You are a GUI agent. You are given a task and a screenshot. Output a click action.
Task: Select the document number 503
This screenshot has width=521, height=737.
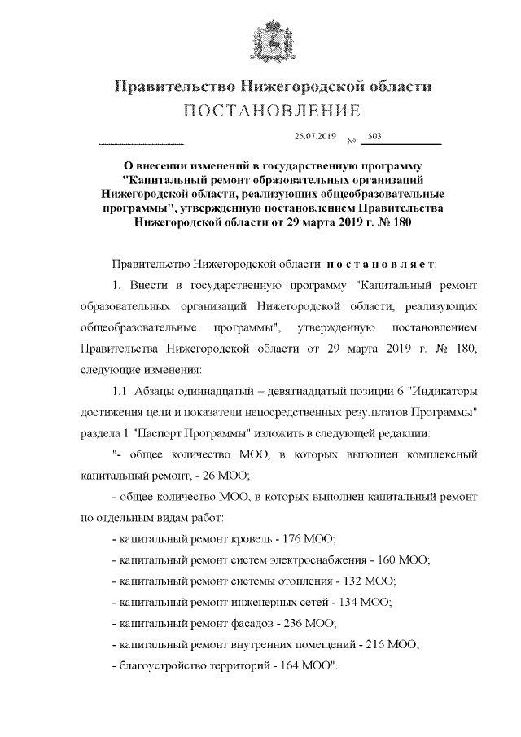(375, 136)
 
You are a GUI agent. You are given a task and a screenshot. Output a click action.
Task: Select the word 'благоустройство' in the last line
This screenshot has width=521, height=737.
(158, 666)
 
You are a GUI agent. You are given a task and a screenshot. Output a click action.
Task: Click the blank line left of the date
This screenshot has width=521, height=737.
(141, 143)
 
